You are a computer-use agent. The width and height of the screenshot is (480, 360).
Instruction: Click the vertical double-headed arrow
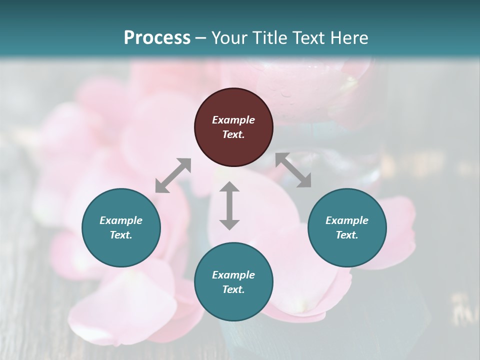[229, 205]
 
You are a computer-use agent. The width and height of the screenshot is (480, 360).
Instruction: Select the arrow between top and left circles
[173, 175]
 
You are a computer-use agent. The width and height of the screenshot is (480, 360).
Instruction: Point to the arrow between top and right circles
[293, 170]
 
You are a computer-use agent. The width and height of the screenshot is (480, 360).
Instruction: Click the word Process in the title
[157, 38]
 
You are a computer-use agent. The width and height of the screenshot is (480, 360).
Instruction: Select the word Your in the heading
[229, 38]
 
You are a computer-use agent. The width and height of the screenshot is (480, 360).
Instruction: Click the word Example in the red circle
[233, 120]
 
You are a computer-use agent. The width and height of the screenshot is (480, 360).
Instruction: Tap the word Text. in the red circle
[233, 134]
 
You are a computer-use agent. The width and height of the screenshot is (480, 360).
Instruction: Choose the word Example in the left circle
[121, 220]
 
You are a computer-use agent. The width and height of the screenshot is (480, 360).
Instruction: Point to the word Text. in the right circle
[347, 235]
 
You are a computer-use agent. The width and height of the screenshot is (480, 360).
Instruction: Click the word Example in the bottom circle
[233, 275]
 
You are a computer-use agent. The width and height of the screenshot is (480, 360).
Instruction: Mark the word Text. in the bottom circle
[233, 289]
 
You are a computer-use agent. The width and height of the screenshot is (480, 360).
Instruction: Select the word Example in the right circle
[347, 220]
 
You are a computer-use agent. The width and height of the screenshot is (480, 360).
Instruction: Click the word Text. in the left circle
[121, 235]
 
